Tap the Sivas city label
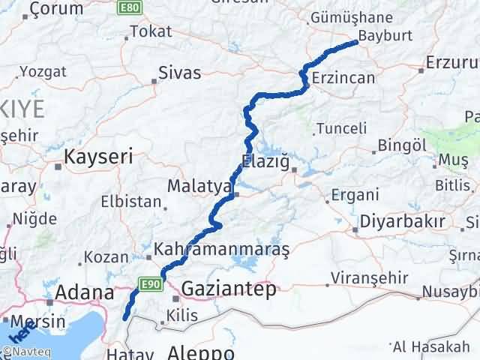coord(179,73)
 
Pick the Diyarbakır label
coord(403,222)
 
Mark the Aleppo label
coord(201,352)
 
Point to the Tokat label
coord(151,31)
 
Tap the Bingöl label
coord(397,145)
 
